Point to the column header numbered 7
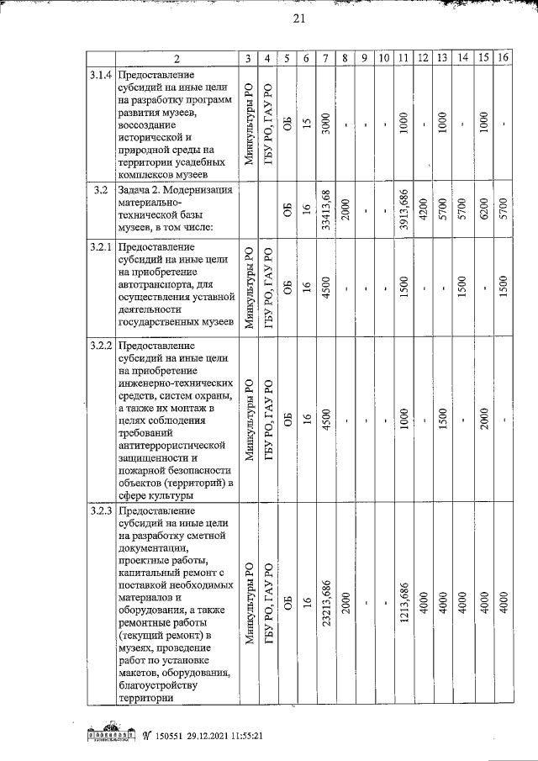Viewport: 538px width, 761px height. pos(325,58)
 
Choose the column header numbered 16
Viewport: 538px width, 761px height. pos(504,58)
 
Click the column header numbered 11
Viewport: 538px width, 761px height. pos(403,58)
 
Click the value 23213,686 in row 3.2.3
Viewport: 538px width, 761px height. pos(326,605)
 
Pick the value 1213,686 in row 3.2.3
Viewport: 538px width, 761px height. pos(404,605)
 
